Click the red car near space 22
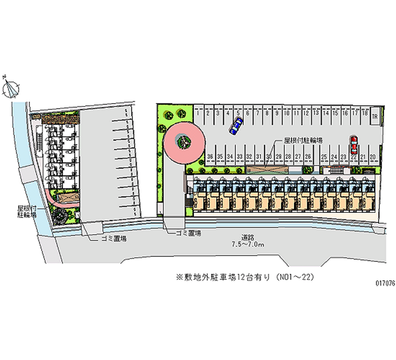[353, 145]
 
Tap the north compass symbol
[11, 88]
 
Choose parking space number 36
[210, 156]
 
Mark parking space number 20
[373, 156]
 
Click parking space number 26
[308, 156]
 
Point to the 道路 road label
[248, 237]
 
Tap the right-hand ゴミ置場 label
[188, 233]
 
